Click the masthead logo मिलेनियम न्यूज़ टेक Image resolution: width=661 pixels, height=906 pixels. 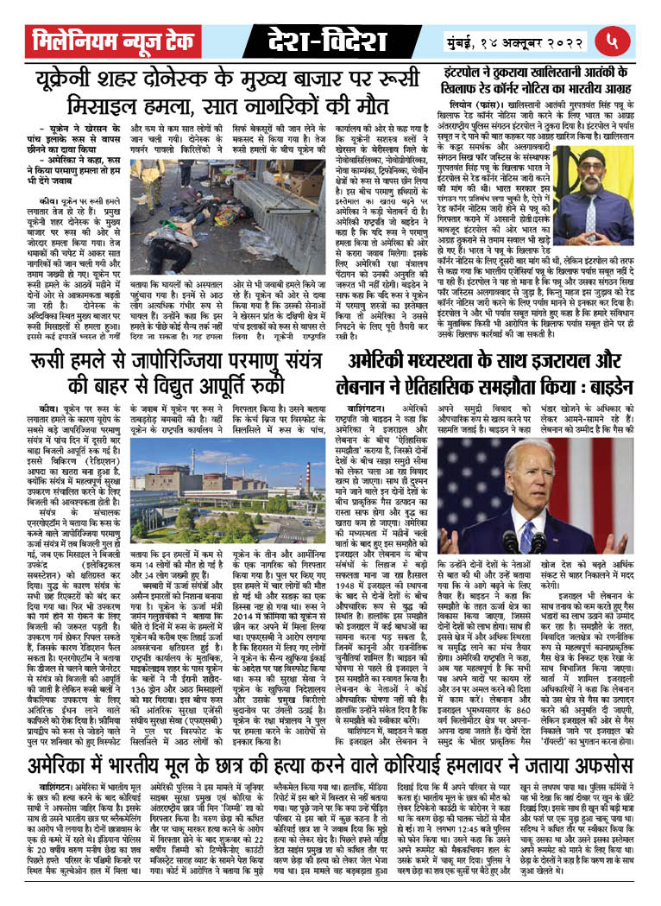click(126, 40)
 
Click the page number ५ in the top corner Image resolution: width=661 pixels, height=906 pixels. click(635, 40)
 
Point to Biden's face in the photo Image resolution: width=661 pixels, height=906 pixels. click(528, 474)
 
